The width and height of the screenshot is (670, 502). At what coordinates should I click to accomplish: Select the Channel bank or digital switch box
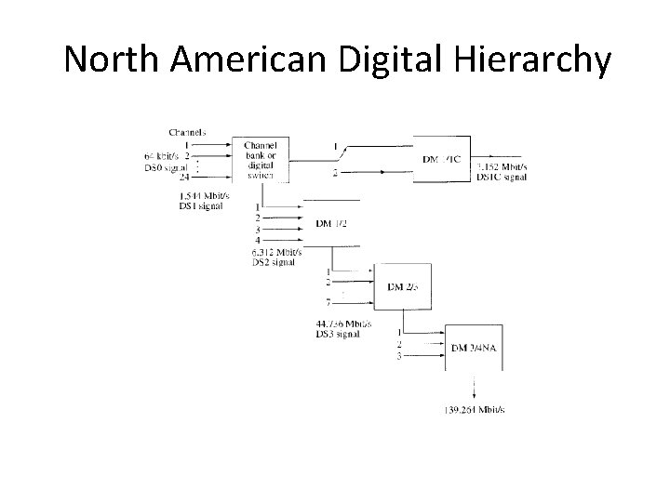(266, 160)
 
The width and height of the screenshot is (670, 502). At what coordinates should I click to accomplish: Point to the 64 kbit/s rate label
(163, 155)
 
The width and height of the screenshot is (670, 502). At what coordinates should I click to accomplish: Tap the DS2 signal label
(274, 263)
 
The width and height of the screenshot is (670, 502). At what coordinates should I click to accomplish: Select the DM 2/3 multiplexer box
(402, 287)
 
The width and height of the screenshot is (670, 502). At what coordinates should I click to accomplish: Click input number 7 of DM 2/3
(328, 303)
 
